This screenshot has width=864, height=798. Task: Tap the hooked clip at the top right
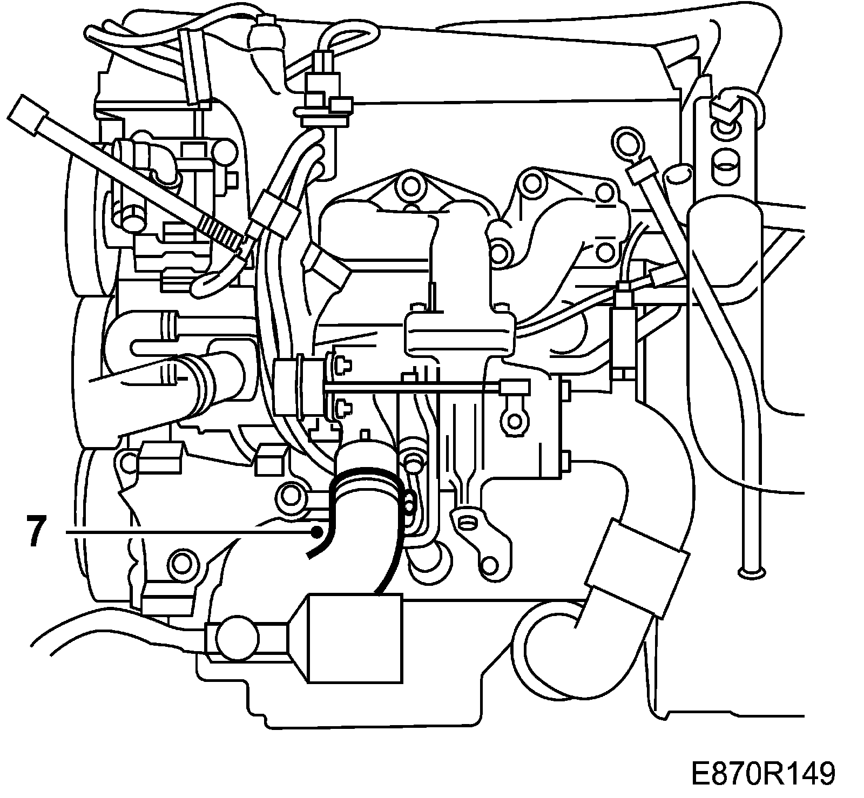(x=726, y=105)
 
